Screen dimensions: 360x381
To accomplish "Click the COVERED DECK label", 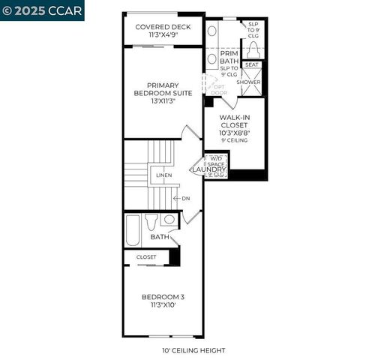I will click(163, 27).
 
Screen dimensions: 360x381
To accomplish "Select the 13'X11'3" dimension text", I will click(163, 100).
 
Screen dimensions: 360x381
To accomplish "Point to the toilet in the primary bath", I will click(253, 49).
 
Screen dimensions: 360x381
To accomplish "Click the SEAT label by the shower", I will click(252, 65).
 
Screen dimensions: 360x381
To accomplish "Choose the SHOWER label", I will click(248, 82).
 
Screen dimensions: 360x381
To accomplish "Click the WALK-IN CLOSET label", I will click(234, 122).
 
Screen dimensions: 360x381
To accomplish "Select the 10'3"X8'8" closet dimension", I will click(234, 133).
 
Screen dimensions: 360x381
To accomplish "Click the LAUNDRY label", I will click(208, 170).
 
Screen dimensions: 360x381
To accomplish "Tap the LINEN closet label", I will click(163, 175).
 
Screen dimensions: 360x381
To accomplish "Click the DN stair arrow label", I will click(186, 199).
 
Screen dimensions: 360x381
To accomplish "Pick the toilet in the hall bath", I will click(153, 221).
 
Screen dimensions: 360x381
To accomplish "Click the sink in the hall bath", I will click(169, 220).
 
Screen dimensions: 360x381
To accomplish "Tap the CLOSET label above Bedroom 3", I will click(146, 256).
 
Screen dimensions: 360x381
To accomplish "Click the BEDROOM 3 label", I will click(163, 297).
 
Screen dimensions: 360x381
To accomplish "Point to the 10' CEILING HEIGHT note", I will click(193, 349).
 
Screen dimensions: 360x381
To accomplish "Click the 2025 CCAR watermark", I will click(42, 10).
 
